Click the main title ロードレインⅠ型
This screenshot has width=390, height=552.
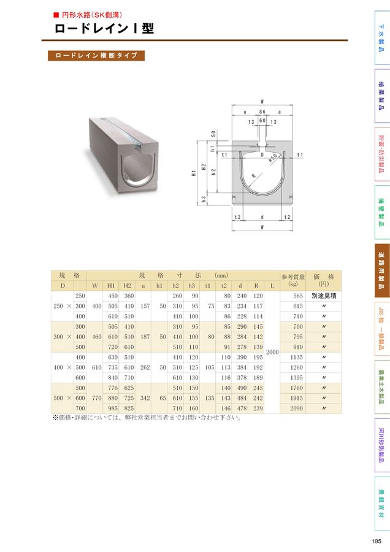click(x=104, y=28)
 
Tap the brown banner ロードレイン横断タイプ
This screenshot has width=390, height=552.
click(x=96, y=56)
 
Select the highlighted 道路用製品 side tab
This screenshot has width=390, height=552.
click(x=382, y=270)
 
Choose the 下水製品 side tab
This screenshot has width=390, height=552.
click(x=382, y=37)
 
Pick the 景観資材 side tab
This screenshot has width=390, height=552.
click(x=382, y=503)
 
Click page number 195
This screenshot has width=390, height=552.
click(x=377, y=541)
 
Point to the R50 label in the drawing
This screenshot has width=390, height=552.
click(x=273, y=158)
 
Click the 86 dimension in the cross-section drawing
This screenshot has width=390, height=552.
click(x=262, y=112)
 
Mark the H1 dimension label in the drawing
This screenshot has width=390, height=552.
click(x=194, y=173)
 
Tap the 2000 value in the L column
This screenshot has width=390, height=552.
click(x=272, y=352)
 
